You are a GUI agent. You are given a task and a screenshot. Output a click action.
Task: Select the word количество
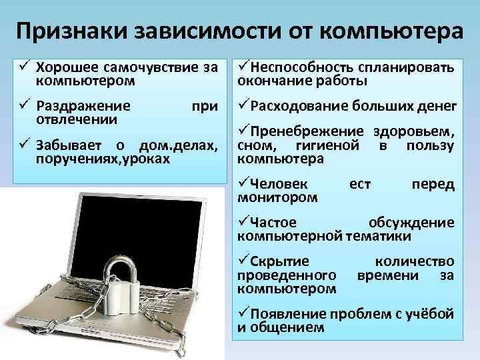click(x=415, y=261)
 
